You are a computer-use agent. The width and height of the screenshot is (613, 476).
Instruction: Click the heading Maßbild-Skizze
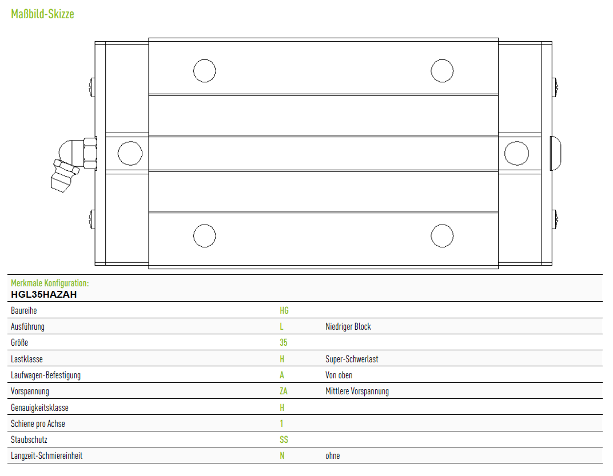tap(42, 14)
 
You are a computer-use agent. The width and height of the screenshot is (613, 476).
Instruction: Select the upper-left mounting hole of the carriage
tap(205, 71)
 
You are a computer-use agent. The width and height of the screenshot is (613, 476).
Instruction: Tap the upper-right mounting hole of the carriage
tap(442, 71)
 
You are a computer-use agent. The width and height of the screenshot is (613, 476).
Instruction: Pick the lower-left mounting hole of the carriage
tap(205, 235)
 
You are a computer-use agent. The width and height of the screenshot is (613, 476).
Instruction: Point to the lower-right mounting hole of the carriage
tap(442, 235)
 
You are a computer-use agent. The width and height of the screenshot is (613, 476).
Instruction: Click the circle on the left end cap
tap(130, 153)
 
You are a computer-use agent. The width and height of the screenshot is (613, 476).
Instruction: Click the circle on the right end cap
tap(516, 153)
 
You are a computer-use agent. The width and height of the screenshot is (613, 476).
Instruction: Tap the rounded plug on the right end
tap(556, 153)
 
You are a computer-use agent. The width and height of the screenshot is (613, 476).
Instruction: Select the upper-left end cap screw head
tap(92, 87)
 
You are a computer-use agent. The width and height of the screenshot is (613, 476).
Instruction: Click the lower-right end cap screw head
tap(555, 219)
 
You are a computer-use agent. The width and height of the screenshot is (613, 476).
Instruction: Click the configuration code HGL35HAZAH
tap(44, 295)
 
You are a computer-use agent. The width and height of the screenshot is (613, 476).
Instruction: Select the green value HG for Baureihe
tap(284, 311)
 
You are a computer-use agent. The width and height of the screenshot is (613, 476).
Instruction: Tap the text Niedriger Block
tap(348, 327)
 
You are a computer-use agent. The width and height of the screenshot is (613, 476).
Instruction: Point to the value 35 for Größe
tap(284, 343)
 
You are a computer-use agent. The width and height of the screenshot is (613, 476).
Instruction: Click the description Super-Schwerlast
tap(352, 359)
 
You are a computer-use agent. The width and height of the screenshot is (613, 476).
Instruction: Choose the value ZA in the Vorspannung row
tap(284, 391)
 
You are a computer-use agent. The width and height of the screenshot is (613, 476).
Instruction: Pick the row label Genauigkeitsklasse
tap(39, 407)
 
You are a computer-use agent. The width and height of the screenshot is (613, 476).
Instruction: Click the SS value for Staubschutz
tap(284, 439)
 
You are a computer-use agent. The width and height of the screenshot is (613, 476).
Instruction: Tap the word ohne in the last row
tap(333, 455)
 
